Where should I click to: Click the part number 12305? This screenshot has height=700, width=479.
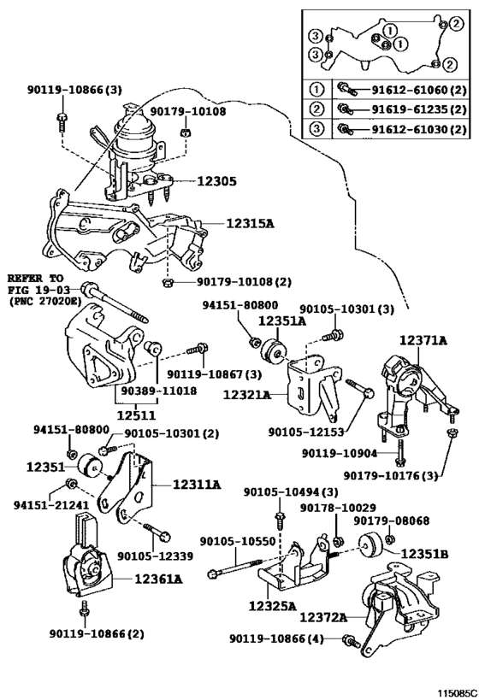click(216, 181)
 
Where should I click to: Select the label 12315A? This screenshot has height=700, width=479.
click(250, 223)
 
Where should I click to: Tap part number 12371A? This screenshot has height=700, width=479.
click(423, 341)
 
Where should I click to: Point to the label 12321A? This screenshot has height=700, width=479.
click(246, 395)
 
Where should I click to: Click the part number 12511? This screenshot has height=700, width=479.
click(136, 415)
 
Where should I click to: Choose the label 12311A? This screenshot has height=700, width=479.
click(197, 484)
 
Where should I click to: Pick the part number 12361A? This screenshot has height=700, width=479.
click(158, 579)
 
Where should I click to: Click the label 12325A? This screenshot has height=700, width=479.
click(273, 606)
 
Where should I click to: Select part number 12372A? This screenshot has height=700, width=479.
click(323, 617)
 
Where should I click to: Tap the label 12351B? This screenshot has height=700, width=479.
click(424, 554)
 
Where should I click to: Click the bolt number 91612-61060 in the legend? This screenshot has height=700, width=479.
click(410, 91)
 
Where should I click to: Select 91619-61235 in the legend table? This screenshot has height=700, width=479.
click(410, 109)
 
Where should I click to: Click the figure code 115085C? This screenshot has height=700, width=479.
click(457, 693)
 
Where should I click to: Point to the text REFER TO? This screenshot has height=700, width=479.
click(35, 278)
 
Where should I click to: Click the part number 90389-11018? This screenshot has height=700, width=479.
click(158, 391)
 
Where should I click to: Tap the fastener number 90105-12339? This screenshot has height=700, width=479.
click(155, 556)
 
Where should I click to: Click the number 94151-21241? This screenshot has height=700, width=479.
click(50, 505)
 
